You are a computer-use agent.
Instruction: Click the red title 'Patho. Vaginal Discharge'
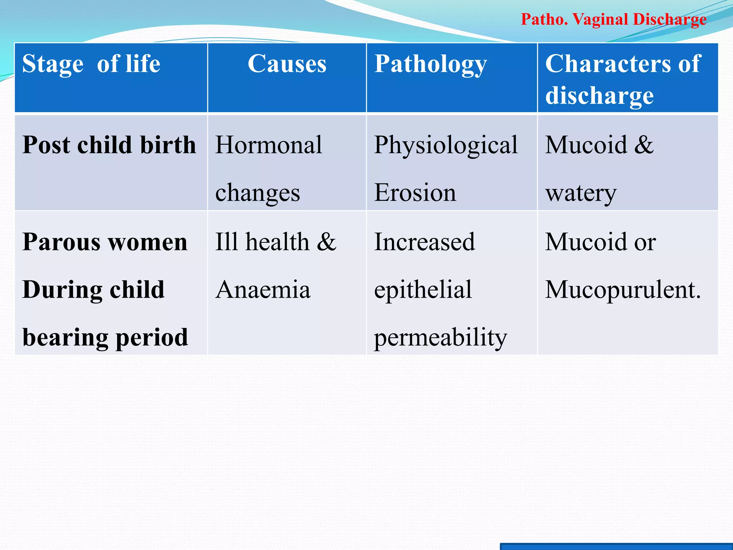point(613,20)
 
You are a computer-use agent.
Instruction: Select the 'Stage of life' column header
point(91,64)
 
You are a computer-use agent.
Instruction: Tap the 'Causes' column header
point(287,64)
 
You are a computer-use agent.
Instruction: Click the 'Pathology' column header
point(431,65)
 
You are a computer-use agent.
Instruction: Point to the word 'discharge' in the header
point(599,96)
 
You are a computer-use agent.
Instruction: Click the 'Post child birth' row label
point(109,145)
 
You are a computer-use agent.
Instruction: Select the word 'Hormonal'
point(269,145)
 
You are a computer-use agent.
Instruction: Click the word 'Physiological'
point(446,146)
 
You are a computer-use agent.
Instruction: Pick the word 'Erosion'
point(415,193)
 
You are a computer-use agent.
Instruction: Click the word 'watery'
point(581,194)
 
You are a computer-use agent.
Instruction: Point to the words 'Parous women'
point(105,242)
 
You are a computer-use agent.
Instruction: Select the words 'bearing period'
point(105,338)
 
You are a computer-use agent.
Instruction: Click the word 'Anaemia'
point(263,290)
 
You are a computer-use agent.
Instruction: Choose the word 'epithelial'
point(423,290)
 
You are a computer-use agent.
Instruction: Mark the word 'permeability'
point(441,338)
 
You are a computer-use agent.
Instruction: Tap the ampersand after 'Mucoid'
point(644,145)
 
